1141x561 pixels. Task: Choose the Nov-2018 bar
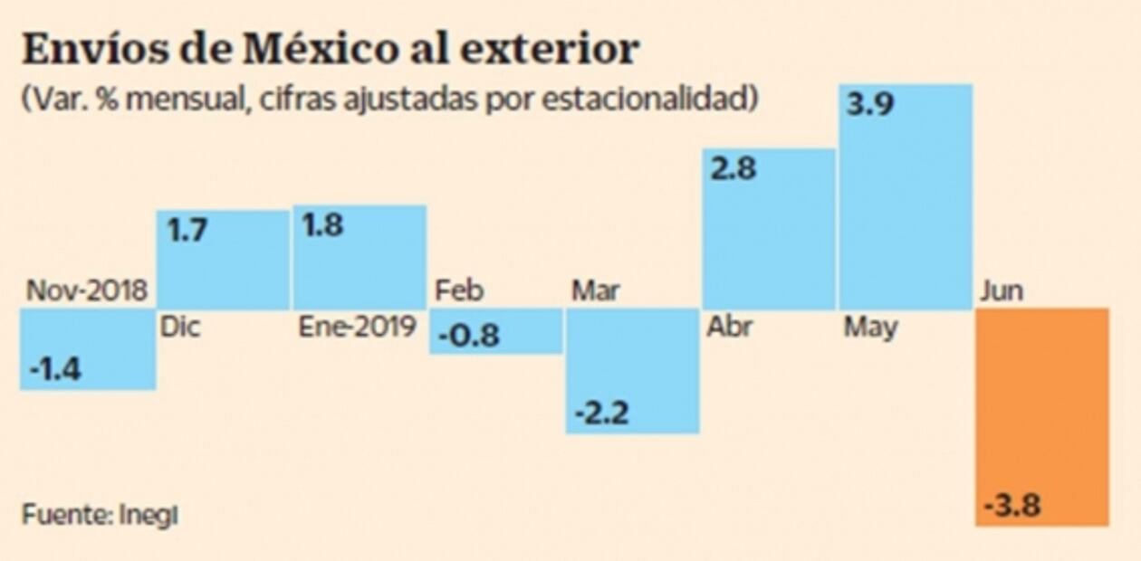click(x=87, y=348)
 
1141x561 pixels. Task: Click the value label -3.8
click(x=1012, y=504)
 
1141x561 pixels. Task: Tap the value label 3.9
click(x=870, y=104)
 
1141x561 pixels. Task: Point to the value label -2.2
click(x=601, y=414)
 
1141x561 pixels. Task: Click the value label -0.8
click(x=468, y=336)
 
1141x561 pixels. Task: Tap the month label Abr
click(x=728, y=327)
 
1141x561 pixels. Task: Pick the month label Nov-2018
click(x=87, y=291)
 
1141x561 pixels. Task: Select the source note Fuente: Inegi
click(x=100, y=514)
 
